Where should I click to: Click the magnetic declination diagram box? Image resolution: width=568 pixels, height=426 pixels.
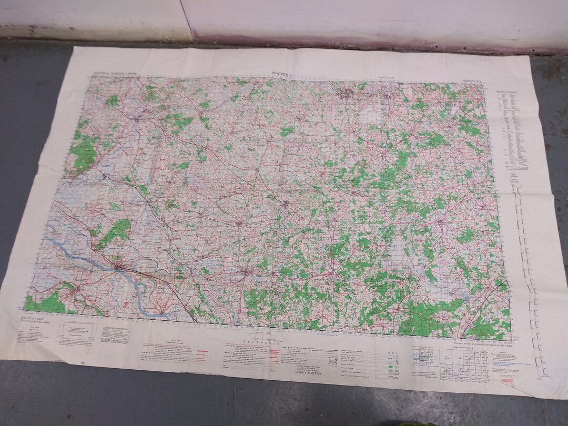(79, 331)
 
